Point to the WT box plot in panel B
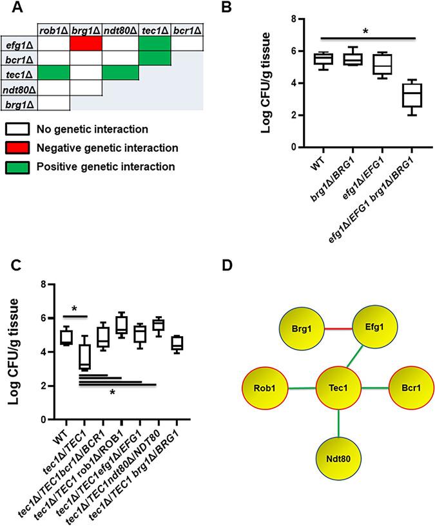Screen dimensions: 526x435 click(x=317, y=59)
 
